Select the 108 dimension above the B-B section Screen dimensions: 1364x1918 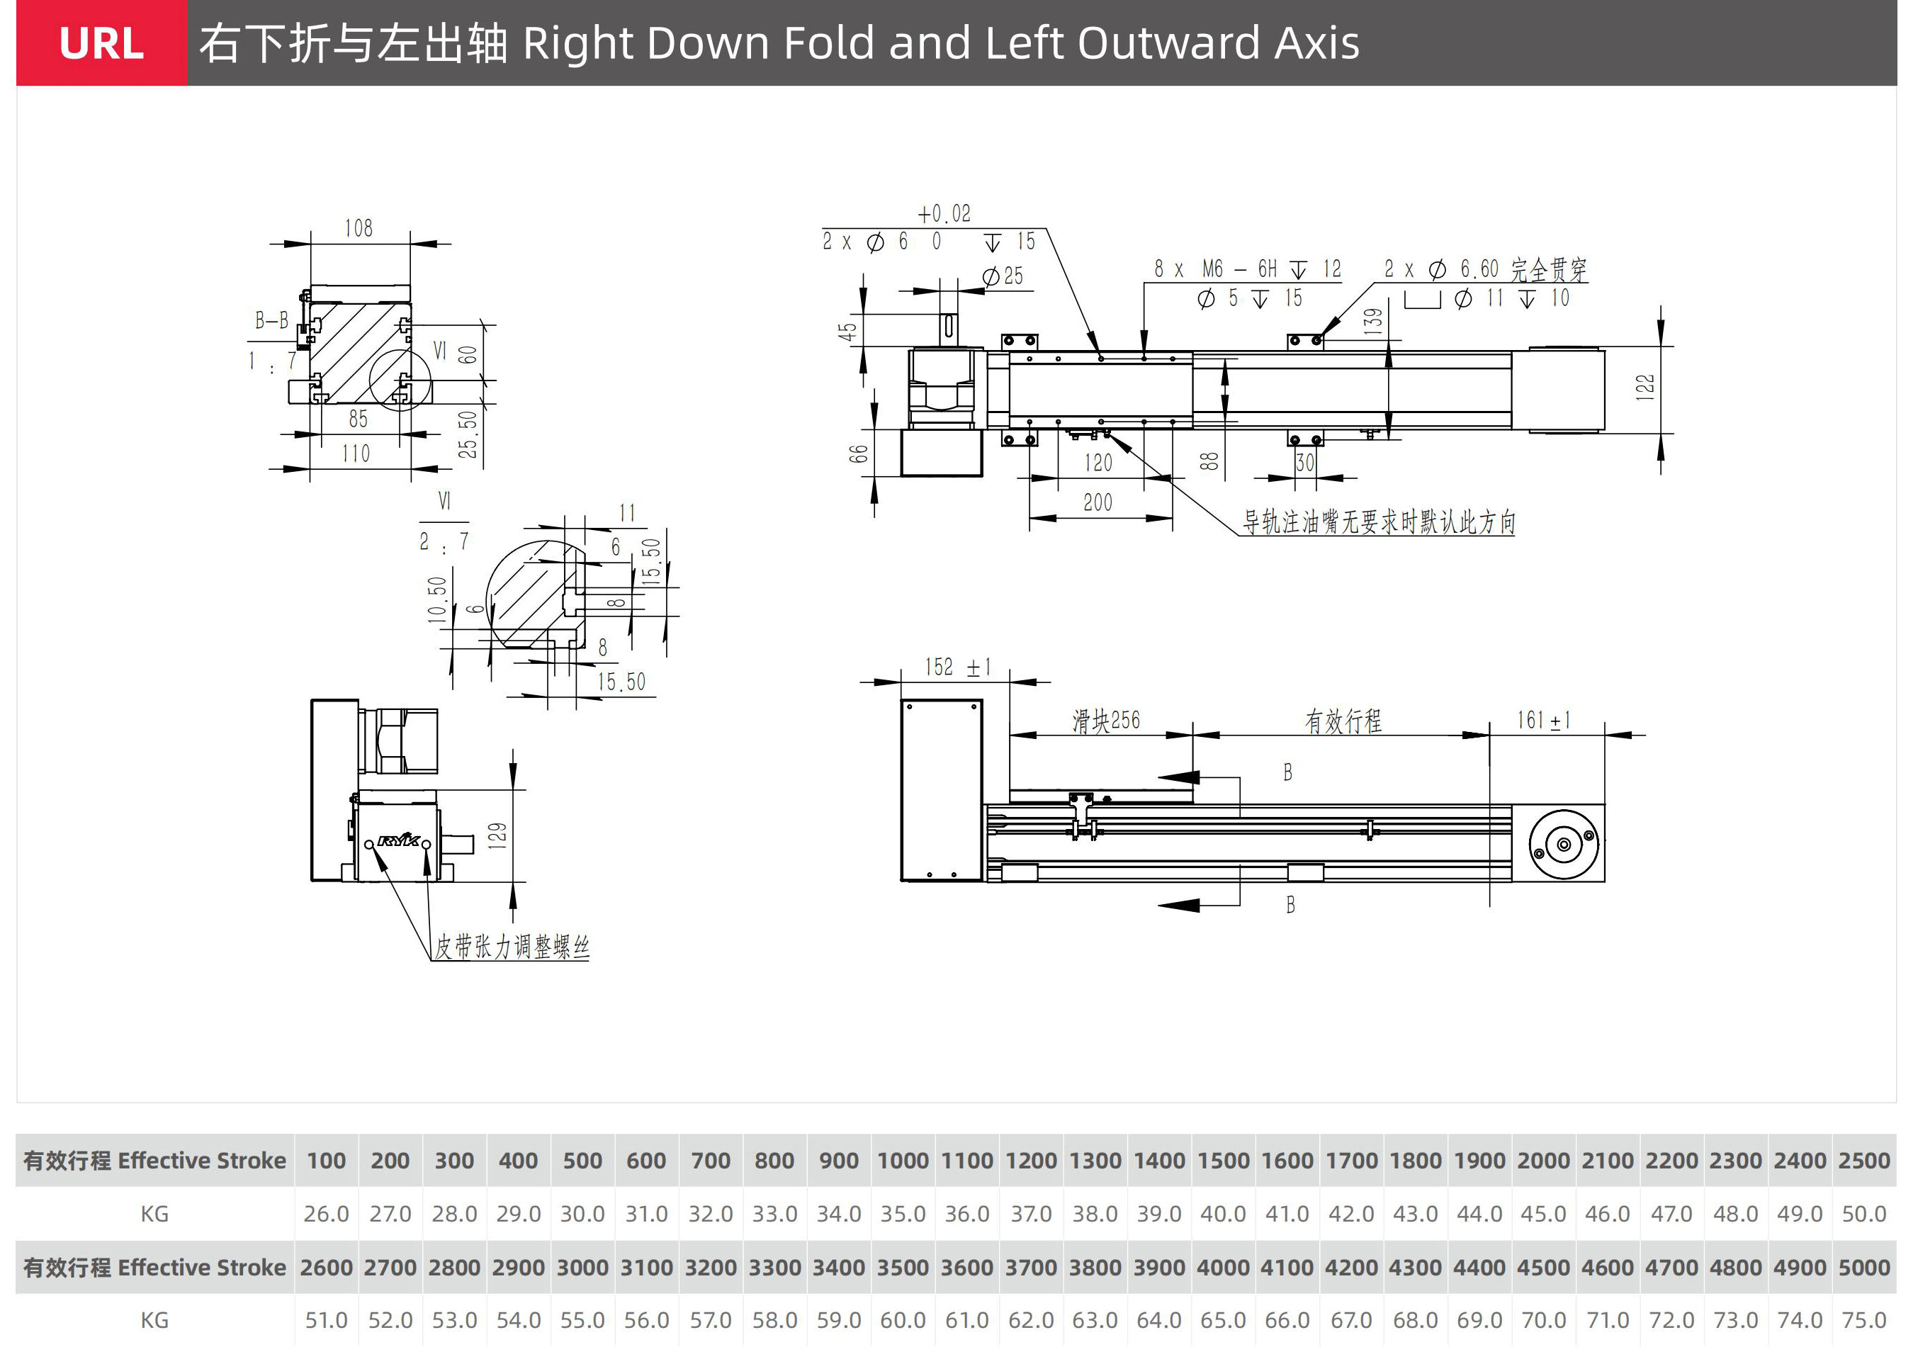click(x=359, y=227)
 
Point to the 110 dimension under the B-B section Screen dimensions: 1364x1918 click(x=356, y=453)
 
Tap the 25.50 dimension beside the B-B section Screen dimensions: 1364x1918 click(x=468, y=434)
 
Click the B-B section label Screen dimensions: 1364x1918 click(x=271, y=320)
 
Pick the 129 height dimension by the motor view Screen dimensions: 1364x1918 click(x=497, y=835)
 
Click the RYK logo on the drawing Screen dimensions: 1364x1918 click(x=398, y=840)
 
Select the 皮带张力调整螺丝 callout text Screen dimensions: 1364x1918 click(x=512, y=947)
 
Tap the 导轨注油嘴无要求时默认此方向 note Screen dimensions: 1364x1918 click(x=1379, y=522)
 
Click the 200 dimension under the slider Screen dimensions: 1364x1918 click(x=1098, y=502)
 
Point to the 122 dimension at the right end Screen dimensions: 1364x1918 click(x=1645, y=387)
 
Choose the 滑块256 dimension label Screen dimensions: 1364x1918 click(x=1106, y=721)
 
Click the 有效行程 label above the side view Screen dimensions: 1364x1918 click(x=1343, y=721)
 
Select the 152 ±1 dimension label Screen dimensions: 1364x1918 click(x=957, y=667)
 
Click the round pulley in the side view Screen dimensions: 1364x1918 click(x=1563, y=844)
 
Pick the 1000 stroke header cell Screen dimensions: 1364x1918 click(x=903, y=1161)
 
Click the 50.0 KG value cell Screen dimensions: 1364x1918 click(x=1863, y=1214)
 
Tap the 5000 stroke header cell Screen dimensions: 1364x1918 click(x=1863, y=1268)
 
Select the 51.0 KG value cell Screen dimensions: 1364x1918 click(x=326, y=1320)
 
